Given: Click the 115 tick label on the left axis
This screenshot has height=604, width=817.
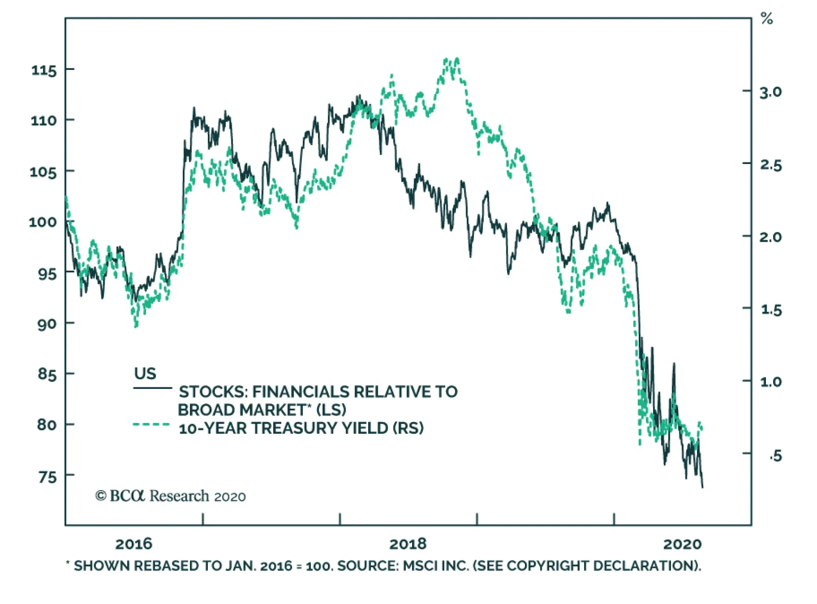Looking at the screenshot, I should coord(44,70).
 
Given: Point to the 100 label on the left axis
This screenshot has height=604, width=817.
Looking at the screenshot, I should coord(43,222).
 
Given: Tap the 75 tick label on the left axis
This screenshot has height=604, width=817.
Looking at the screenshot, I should coord(47,477).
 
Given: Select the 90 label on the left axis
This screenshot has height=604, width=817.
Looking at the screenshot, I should coord(46,324).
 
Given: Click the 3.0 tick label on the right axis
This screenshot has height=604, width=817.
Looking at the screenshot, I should coord(771,92).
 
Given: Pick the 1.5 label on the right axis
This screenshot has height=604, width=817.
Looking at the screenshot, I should coord(771,310).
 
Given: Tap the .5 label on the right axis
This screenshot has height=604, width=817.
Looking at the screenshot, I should coord(775,455).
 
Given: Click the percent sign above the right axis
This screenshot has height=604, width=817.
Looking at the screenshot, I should coord(767,19).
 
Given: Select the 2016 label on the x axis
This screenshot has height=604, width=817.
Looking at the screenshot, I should coord(134,544).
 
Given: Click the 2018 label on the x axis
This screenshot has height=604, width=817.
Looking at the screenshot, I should coord(408,544).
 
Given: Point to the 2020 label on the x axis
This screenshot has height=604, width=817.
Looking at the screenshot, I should coord(682,544).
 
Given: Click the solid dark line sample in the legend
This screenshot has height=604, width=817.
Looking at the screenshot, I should coord(152,388).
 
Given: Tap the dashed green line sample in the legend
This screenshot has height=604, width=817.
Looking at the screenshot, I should coord(152,425).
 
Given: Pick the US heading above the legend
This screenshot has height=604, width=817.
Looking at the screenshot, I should coord(145,374).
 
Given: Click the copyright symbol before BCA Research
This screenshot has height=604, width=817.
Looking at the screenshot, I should coord(101,496).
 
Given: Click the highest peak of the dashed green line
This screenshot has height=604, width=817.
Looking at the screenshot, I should coord(456,59).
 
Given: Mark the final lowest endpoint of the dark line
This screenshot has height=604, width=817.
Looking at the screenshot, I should coord(702,487).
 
